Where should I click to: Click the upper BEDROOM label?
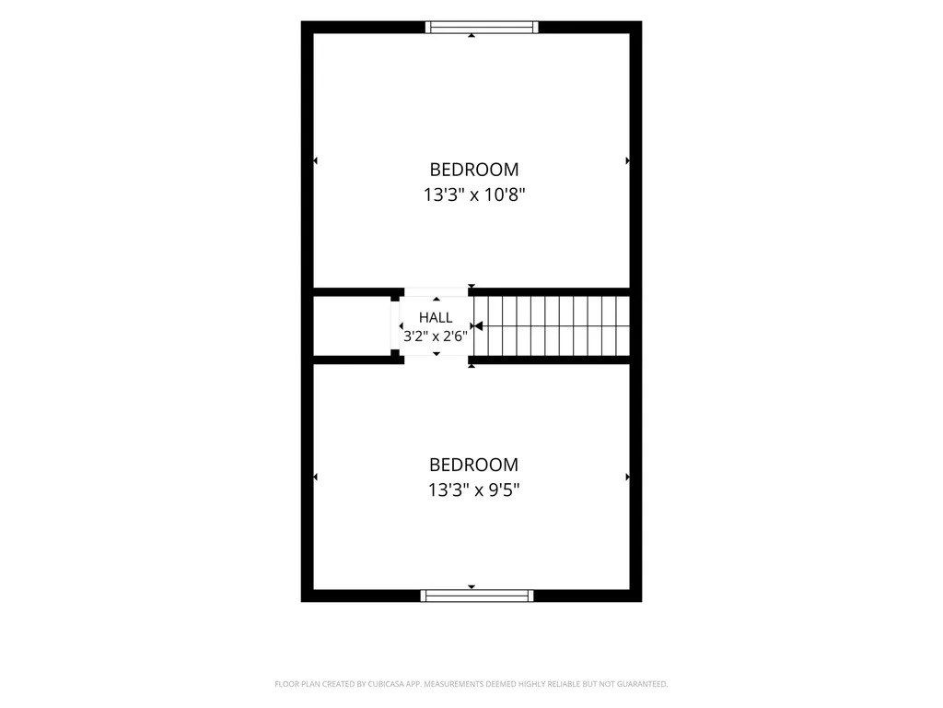(474, 170)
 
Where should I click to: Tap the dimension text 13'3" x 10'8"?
(474, 195)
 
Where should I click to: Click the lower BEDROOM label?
(473, 465)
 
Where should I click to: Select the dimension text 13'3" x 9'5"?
(473, 490)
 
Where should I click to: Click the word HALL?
(436, 317)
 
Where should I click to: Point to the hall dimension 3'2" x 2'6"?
(436, 336)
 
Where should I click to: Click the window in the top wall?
(482, 27)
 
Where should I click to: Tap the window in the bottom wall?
(477, 596)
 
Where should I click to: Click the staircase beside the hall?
(552, 325)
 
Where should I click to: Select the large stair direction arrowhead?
(478, 325)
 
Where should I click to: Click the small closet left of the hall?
(353, 325)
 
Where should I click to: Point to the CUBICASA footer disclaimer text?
(471, 684)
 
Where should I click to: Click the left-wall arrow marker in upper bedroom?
(315, 160)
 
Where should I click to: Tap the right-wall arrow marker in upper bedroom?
(627, 160)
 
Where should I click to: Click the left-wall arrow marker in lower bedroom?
(315, 477)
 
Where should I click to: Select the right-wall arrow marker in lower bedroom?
(627, 477)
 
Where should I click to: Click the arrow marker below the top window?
(471, 36)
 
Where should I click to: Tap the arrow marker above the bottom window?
(471, 587)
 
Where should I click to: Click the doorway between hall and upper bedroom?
(436, 292)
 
